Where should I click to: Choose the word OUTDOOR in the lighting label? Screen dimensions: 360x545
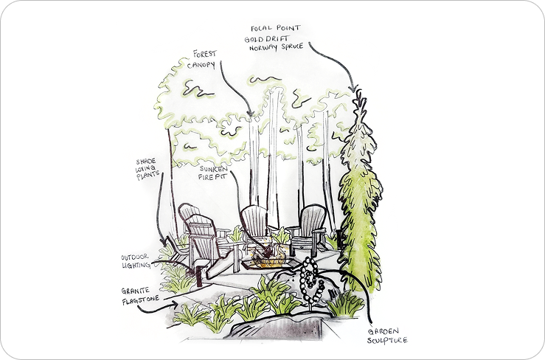click(136, 257)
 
